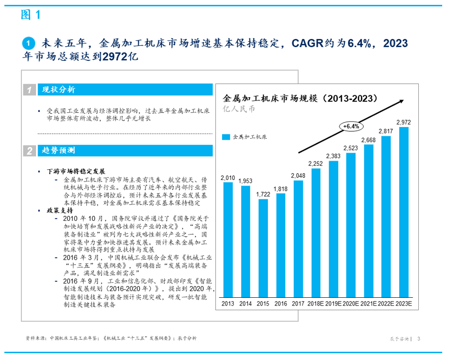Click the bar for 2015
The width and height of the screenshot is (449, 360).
coord(263,248)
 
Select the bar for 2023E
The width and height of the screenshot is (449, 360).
coord(403,212)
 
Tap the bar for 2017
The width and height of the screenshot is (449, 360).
coord(298,239)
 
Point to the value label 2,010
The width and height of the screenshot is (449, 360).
coord(228,178)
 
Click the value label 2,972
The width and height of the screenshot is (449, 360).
coord(403,122)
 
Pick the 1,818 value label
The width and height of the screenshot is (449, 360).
coord(281,189)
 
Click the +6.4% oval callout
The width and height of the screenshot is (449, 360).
coord(351,126)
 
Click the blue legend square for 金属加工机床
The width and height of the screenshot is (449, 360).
coord(226,137)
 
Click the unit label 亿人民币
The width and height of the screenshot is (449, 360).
coord(239,109)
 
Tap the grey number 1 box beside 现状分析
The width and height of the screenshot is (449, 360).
coord(30,90)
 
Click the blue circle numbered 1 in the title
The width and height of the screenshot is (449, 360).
coord(29,43)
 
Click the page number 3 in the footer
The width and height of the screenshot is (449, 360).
coord(419,339)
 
